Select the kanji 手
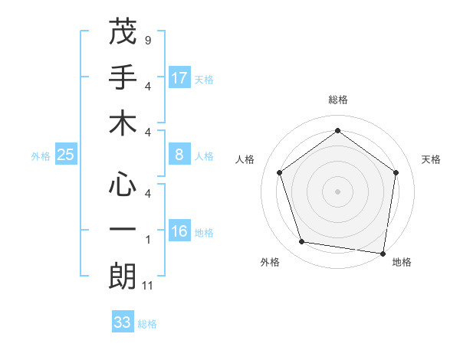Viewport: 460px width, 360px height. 123,77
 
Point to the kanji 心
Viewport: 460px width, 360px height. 123,184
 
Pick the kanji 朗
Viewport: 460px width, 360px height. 123,277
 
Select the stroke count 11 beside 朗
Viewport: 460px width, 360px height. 148,286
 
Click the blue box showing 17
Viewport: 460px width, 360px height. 179,78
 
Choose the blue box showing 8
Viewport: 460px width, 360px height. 179,155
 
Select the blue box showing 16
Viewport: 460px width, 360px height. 179,232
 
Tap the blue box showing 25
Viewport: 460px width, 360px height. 66,155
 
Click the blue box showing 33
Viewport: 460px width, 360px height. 123,322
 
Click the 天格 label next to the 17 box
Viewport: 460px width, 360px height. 203,79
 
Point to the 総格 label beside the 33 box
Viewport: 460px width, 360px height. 147,324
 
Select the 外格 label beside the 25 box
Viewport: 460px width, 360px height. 41,156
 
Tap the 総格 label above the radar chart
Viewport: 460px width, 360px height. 337,100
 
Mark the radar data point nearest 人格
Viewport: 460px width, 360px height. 280,173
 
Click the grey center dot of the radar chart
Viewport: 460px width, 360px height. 337,191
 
